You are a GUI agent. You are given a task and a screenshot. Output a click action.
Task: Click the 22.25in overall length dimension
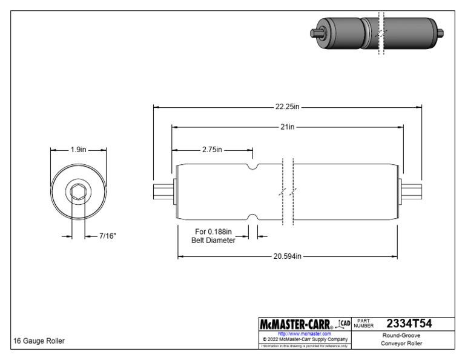[288, 107]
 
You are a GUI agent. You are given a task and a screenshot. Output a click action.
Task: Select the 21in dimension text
[288, 127]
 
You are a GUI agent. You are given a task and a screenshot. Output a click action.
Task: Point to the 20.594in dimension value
[288, 256]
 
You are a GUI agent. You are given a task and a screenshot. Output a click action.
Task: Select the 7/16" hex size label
[107, 235]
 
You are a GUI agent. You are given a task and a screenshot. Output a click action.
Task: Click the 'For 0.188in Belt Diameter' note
[213, 235]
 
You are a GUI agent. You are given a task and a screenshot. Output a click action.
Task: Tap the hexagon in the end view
[78, 193]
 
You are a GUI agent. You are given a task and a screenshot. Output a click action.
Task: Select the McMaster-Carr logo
[296, 324]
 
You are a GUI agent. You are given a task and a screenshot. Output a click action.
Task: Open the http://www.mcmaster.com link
[304, 333]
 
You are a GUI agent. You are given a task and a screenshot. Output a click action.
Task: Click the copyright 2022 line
[304, 339]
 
